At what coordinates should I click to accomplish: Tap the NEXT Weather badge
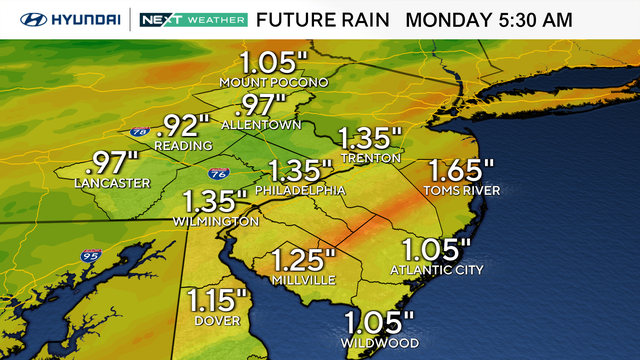coord(190,19)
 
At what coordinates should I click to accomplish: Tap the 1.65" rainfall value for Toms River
coord(460,171)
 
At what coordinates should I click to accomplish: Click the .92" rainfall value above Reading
coord(184,125)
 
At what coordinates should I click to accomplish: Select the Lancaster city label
coord(112,183)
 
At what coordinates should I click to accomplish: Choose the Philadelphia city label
coord(300,190)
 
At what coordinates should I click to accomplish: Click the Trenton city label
coord(370,158)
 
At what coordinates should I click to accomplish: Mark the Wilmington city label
coord(216,221)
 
